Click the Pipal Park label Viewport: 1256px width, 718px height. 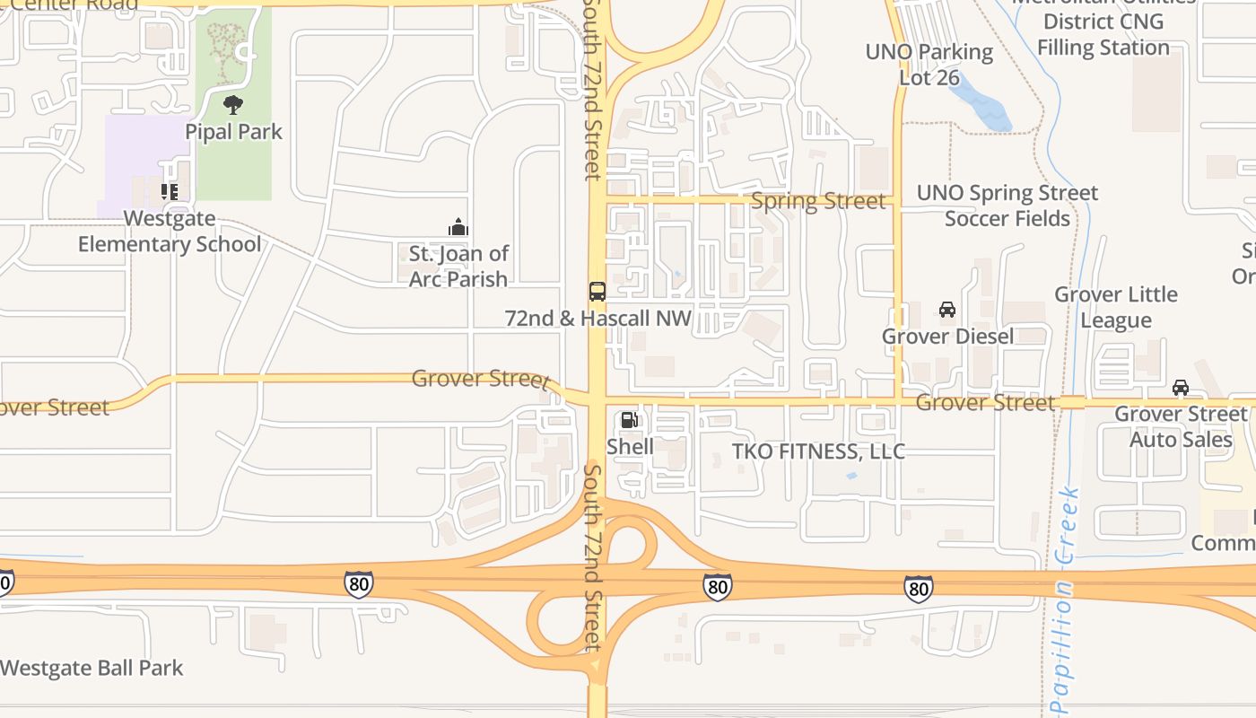pos(233,132)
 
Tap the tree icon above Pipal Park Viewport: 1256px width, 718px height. pos(233,105)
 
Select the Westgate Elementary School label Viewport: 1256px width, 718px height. pos(170,232)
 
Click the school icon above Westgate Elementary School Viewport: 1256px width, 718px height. pos(169,191)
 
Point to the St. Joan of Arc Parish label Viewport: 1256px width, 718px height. pos(458,267)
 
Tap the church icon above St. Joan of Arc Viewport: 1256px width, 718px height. pos(458,228)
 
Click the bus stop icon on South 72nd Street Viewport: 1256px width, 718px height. pos(597,292)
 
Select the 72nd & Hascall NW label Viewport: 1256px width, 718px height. pos(598,319)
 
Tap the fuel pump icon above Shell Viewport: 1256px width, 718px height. pos(630,420)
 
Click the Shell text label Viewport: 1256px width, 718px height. pos(630,446)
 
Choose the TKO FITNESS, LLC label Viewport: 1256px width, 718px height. pos(818,451)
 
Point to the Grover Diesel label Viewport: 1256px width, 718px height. pos(947,337)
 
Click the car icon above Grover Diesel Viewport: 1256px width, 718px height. pos(947,310)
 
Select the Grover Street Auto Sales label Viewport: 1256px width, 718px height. pos(1181,427)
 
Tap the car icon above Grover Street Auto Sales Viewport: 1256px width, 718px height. pos(1181,388)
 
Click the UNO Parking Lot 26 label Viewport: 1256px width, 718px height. pos(929,65)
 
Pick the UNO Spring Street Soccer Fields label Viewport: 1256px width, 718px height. pos(1007,206)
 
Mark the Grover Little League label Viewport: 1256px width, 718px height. pos(1116,307)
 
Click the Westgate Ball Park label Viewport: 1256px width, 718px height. pos(92,669)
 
